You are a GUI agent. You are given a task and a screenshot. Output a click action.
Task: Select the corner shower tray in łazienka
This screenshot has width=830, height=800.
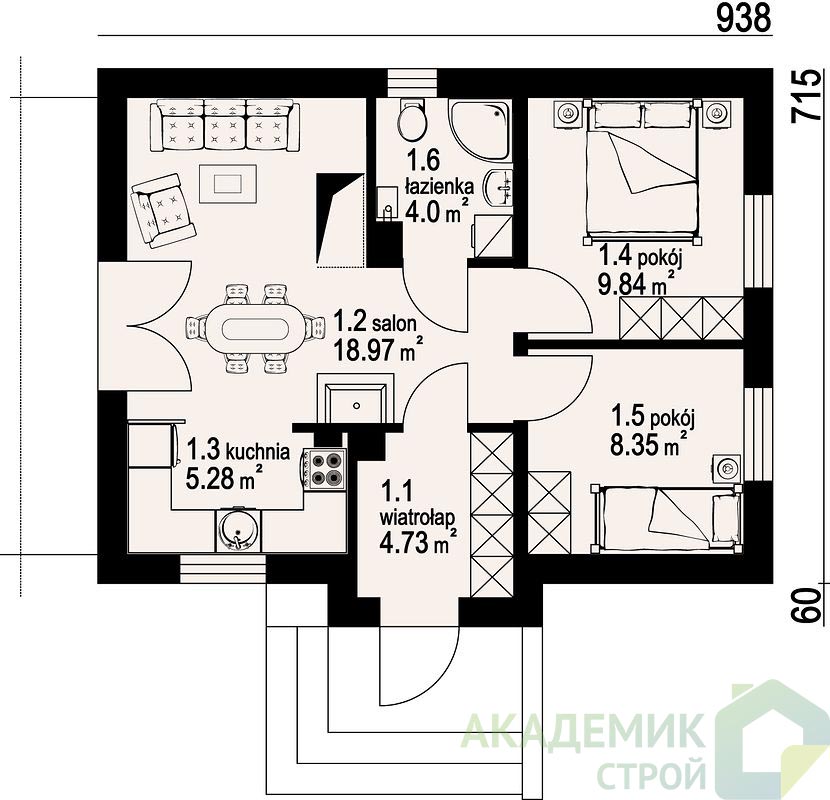[x=480, y=129]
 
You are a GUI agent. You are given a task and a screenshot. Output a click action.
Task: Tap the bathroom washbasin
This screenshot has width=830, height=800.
[x=499, y=188]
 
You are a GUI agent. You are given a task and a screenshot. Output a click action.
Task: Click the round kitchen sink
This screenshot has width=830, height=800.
[x=239, y=530]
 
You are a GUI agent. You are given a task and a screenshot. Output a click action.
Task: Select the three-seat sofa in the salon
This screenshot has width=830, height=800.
[x=224, y=126]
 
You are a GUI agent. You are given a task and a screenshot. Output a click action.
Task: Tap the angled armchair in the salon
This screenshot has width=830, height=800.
[x=163, y=210]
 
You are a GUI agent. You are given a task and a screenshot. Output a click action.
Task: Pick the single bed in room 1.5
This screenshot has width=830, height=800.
[x=666, y=517]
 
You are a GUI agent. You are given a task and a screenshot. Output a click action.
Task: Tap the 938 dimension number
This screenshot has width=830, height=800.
[x=743, y=19]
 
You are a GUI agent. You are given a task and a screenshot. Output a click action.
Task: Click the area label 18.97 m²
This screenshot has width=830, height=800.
[x=378, y=349]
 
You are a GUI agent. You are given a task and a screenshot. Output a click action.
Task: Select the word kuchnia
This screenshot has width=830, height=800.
[x=258, y=452]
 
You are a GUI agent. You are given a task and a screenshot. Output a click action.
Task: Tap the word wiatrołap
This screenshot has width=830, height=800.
[x=417, y=517]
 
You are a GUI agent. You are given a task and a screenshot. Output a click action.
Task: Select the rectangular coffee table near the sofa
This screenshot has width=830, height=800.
[x=228, y=183]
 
